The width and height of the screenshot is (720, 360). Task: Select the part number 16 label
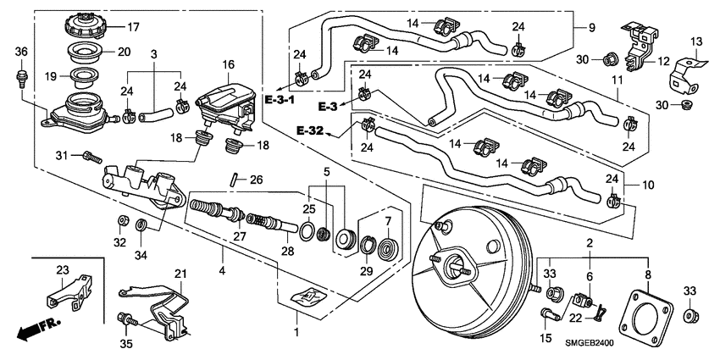coord(228,64)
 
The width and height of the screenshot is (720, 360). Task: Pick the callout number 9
coord(590,27)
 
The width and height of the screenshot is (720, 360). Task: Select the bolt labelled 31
coord(91,157)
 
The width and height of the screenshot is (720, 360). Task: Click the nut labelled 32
coord(123,222)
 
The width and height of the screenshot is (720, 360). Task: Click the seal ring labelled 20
coord(82,52)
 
